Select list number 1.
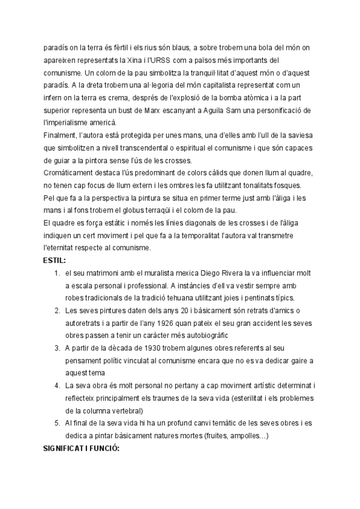(56, 273)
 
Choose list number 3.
(56, 348)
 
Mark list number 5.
(56, 423)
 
